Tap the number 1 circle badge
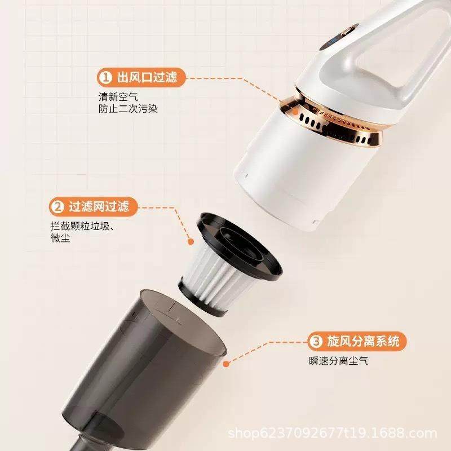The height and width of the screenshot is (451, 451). click(105, 77)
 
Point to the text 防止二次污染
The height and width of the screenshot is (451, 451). click(127, 108)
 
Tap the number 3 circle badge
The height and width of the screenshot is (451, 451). click(316, 341)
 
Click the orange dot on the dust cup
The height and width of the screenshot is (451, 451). click(225, 364)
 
